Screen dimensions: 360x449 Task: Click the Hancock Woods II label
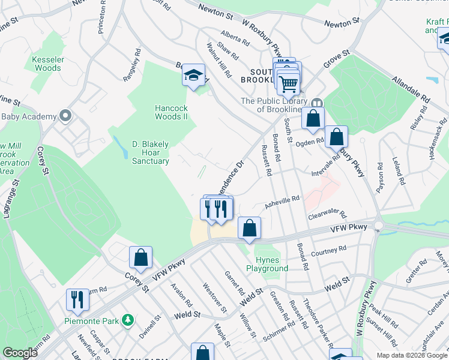(x=172, y=112)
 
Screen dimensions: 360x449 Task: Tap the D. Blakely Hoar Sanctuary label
(x=150, y=152)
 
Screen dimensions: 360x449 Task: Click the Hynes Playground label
(x=264, y=265)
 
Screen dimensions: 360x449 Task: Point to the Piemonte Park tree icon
(x=127, y=320)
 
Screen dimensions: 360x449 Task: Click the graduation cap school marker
(x=193, y=75)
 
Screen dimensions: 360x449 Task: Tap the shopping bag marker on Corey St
(x=140, y=258)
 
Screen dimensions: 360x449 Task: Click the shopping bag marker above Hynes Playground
(x=249, y=228)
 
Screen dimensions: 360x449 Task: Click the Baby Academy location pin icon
(x=66, y=116)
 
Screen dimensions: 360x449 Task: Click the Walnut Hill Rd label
(x=218, y=60)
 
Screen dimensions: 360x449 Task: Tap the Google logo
(x=20, y=353)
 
